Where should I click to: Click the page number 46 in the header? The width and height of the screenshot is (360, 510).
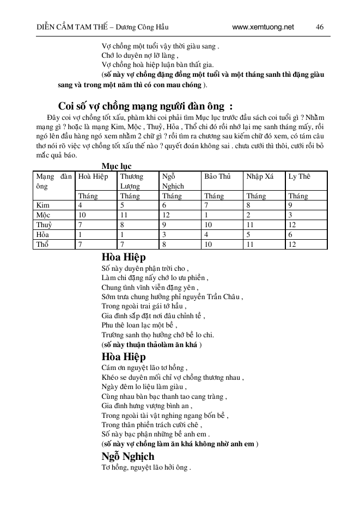[320, 27]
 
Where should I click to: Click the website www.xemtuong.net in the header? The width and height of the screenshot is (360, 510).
[263, 27]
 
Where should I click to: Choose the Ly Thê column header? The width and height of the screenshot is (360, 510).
[300, 177]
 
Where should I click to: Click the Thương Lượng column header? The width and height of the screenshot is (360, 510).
[132, 181]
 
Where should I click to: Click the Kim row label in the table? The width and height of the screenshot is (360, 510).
[42, 205]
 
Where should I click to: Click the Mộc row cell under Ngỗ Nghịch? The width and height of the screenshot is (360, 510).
[166, 215]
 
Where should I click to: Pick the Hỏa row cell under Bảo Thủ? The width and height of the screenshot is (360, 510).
[206, 235]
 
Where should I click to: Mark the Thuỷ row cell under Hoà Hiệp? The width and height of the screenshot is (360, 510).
[81, 225]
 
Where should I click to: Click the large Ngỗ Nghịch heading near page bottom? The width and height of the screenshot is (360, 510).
[128, 456]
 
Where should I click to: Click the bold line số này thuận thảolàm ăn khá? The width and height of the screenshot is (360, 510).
[152, 345]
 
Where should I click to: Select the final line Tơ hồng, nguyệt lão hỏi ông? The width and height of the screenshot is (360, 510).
[146, 467]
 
